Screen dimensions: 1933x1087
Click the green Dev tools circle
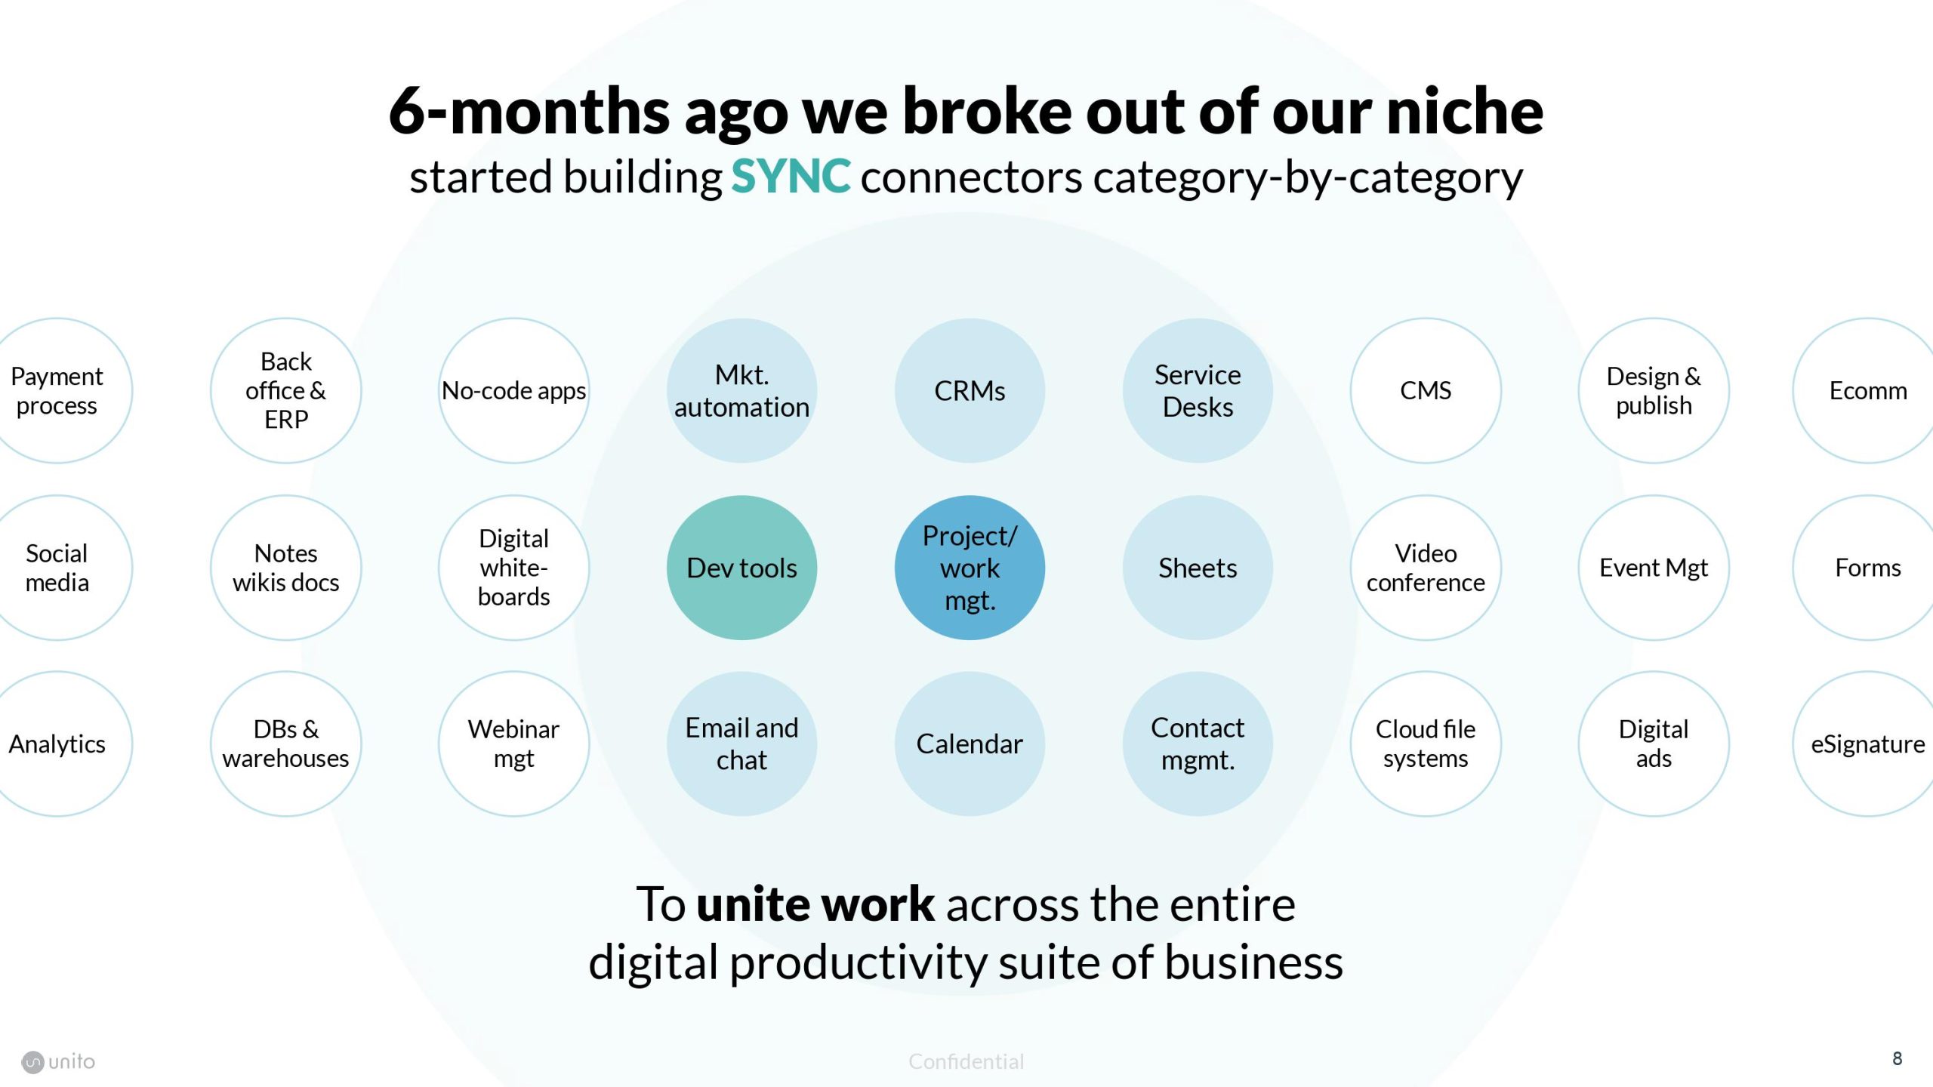tap(741, 568)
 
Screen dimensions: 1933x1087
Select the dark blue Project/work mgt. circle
tap(970, 568)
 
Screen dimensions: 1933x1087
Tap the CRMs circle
tap(970, 390)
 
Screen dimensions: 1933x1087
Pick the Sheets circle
tap(1198, 568)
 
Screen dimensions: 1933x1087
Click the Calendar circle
tap(970, 744)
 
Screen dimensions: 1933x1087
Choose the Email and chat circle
tap(741, 744)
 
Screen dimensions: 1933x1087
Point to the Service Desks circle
tap(1198, 390)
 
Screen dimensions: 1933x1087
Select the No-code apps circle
tap(513, 390)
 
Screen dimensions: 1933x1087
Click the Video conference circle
tap(1426, 568)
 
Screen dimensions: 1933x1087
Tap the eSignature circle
tap(1868, 744)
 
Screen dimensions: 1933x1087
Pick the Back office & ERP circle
tap(285, 390)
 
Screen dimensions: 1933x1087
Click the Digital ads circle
tap(1654, 744)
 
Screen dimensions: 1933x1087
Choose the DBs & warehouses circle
tap(285, 744)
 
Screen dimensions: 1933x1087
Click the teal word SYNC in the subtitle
tap(791, 177)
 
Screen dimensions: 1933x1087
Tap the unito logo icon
tap(32, 1062)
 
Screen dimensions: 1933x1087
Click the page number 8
tap(1897, 1058)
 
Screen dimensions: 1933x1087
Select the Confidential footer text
tap(966, 1061)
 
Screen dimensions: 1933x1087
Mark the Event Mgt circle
tap(1654, 568)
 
